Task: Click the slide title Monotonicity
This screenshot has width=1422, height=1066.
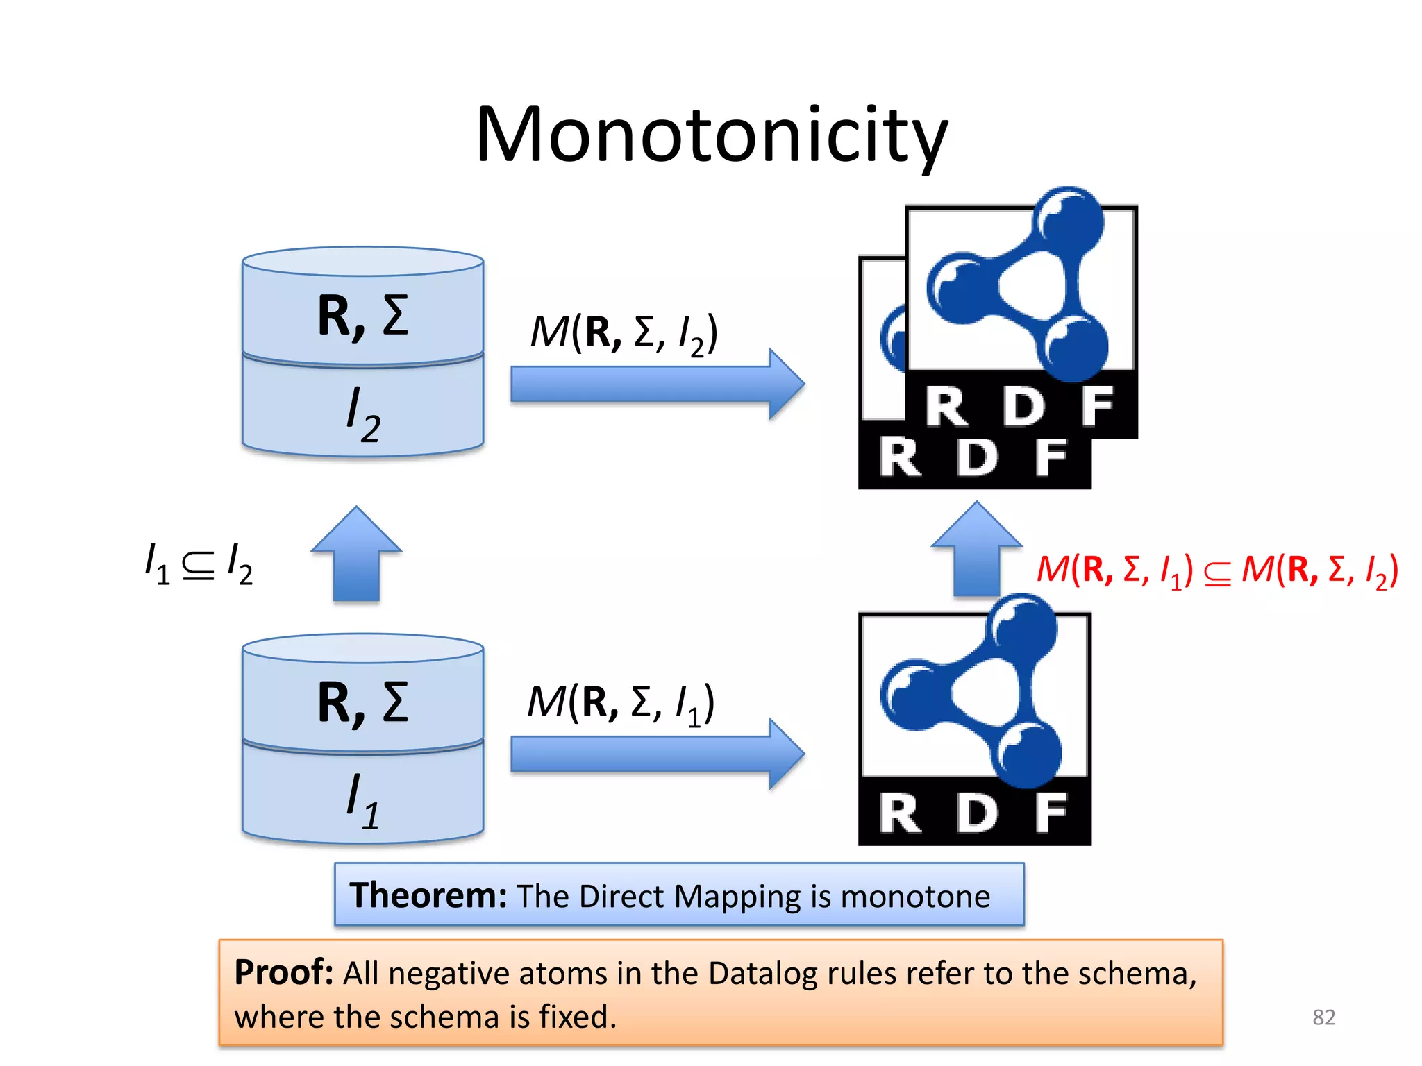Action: (711, 135)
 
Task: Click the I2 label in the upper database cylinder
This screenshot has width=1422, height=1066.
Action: (363, 414)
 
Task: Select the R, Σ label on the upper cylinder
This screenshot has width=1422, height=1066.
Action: (363, 316)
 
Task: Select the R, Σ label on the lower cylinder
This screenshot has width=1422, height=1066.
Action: (363, 702)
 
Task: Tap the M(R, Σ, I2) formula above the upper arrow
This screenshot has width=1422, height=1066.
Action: (624, 334)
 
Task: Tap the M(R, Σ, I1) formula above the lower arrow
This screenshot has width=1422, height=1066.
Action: (621, 704)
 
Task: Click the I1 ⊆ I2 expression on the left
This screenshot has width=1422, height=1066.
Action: (198, 564)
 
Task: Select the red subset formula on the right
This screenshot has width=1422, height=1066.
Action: (1217, 570)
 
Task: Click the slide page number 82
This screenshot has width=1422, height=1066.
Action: (1323, 1017)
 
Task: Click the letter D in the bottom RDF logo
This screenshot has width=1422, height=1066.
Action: (977, 813)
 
